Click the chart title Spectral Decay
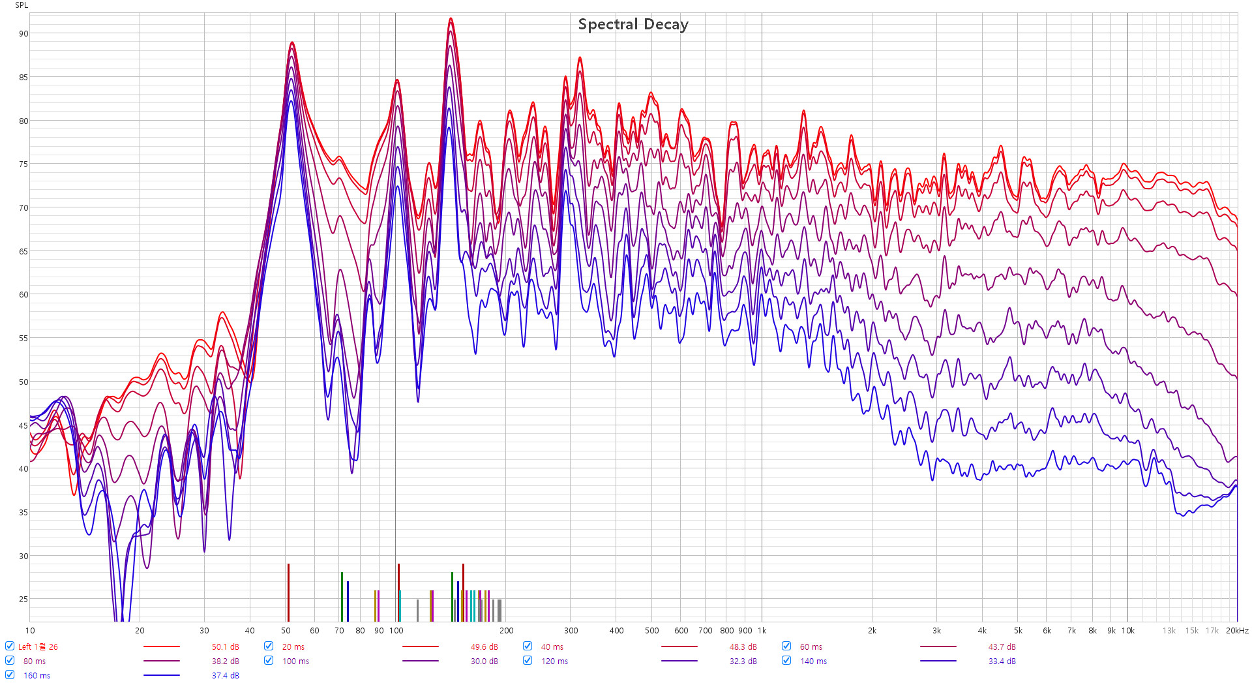pos(633,25)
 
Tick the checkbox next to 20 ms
pos(269,646)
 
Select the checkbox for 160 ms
pos(10,675)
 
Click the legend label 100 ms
pos(295,661)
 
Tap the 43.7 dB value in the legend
pos(1002,646)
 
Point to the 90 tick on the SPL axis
pos(23,34)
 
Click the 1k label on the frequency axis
pos(762,631)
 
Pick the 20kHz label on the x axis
pos(1237,631)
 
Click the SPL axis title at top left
pos(22,5)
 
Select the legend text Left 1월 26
pos(38,646)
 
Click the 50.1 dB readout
pos(225,646)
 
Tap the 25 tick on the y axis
pos(23,600)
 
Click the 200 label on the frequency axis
pos(506,631)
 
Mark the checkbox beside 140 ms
pos(786,660)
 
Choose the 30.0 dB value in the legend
pos(484,661)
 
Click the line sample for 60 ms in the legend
pos(938,646)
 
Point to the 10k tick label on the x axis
pos(1127,631)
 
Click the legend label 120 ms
pos(554,661)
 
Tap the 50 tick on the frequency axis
pos(286,631)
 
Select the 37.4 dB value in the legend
pos(225,675)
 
